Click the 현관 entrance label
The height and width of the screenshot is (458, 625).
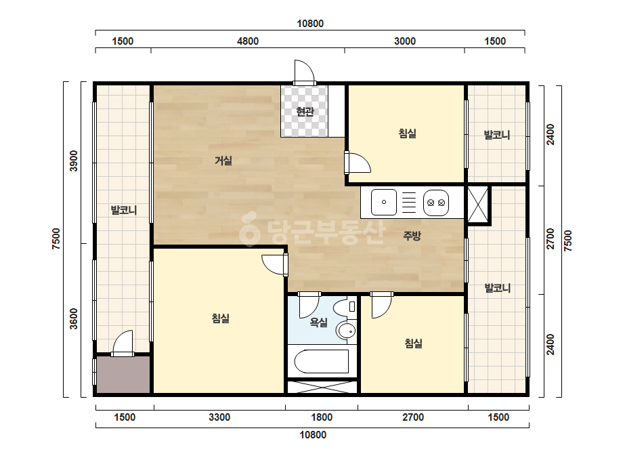click(x=305, y=112)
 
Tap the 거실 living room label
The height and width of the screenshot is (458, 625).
click(x=223, y=161)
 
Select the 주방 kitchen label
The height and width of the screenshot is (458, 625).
click(x=412, y=236)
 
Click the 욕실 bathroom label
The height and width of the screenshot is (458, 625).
click(x=318, y=322)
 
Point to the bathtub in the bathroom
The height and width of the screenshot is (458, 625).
click(x=321, y=361)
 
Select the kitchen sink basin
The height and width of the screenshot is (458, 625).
click(x=384, y=203)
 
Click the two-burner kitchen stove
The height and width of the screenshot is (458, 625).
click(x=436, y=203)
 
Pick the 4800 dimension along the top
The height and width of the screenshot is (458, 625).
click(x=248, y=41)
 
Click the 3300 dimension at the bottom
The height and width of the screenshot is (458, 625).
click(x=219, y=417)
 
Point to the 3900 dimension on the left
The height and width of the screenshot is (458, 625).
click(x=74, y=161)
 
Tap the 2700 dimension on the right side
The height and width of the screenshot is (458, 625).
click(x=551, y=238)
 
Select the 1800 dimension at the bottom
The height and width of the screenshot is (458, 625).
click(x=322, y=417)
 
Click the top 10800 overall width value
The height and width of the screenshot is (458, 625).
click(x=310, y=24)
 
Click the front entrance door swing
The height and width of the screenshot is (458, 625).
click(x=305, y=72)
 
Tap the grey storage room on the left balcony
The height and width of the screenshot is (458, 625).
click(x=123, y=375)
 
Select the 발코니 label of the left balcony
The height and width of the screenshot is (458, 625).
click(x=124, y=210)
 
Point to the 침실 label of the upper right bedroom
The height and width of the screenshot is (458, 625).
click(x=408, y=133)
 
